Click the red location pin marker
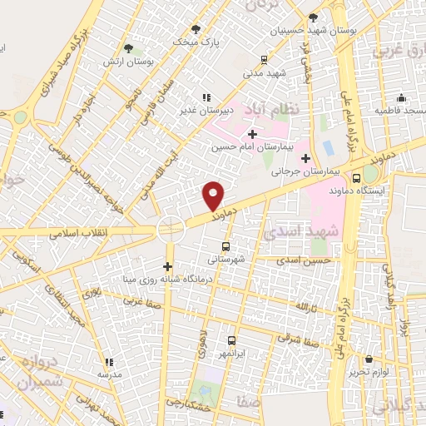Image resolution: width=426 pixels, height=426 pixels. click(214, 196)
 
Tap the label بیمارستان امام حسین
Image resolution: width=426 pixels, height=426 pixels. click(252, 147)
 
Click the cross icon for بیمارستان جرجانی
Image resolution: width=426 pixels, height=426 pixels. click(305, 158)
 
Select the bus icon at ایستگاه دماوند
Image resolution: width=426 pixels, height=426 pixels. click(356, 177)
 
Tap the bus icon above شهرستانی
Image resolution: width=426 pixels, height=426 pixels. click(225, 246)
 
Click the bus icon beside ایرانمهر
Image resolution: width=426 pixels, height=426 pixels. click(231, 340)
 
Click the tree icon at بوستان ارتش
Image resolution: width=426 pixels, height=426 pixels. click(127, 48)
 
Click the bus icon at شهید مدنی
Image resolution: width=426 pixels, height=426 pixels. click(264, 60)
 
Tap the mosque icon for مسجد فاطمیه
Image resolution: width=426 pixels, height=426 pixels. click(401, 97)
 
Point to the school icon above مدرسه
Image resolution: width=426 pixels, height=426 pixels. click(108, 362)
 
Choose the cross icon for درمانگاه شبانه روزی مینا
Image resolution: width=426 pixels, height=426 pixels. click(168, 266)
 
